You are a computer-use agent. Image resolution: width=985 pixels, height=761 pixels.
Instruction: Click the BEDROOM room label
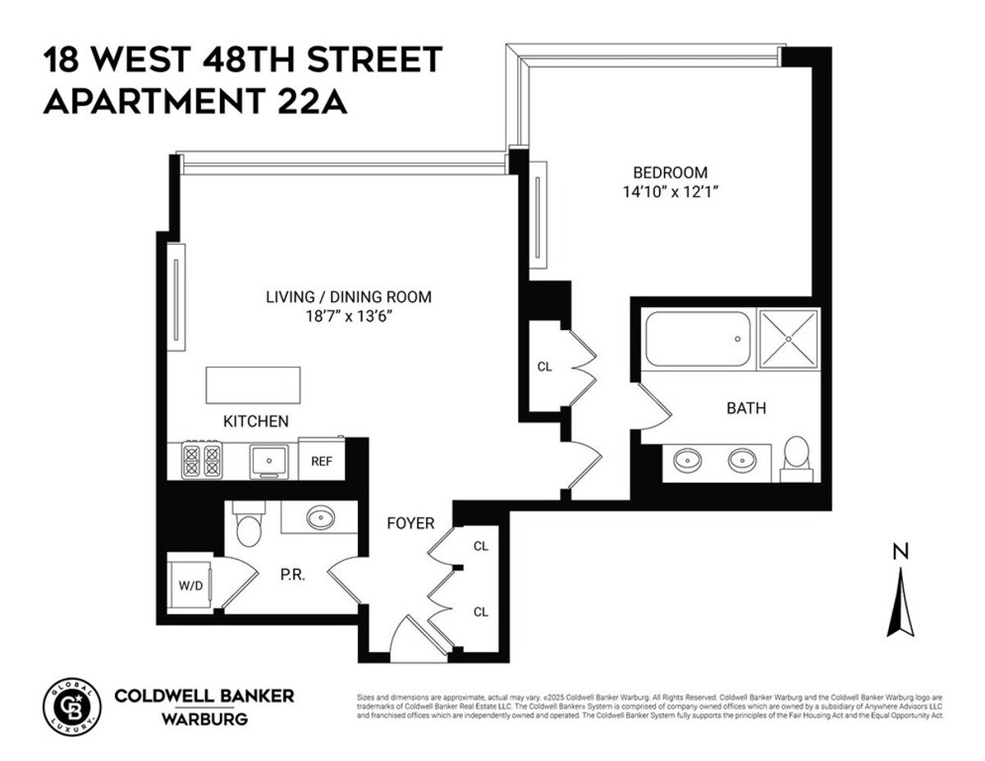tap(670, 172)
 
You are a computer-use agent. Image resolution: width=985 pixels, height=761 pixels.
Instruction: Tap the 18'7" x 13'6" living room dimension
tap(348, 317)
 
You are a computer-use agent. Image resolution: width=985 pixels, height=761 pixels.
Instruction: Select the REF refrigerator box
tap(321, 461)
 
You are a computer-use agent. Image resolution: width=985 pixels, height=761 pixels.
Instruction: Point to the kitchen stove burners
tap(202, 461)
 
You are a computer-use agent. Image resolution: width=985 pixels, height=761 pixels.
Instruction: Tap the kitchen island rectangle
tap(254, 383)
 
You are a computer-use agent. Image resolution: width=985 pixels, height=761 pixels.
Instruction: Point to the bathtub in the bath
tap(697, 338)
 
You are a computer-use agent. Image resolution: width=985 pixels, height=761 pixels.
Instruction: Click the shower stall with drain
tap(788, 337)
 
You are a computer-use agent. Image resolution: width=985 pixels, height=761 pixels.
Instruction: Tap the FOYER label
tap(410, 523)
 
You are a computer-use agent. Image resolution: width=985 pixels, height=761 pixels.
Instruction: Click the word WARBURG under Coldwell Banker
tap(204, 720)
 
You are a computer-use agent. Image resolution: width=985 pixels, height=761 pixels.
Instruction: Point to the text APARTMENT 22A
tap(195, 103)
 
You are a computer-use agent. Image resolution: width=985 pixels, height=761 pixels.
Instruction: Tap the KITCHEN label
tap(256, 421)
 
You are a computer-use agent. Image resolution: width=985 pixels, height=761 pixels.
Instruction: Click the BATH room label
tap(746, 407)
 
